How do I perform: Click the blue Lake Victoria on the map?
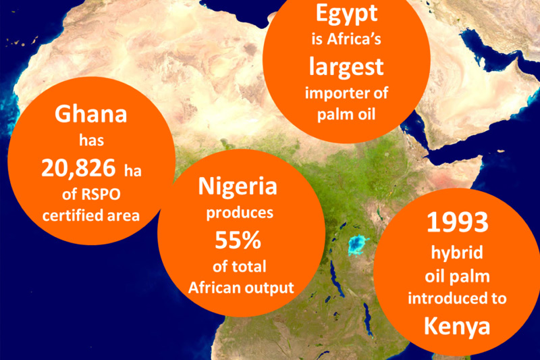click(x=356, y=245)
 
